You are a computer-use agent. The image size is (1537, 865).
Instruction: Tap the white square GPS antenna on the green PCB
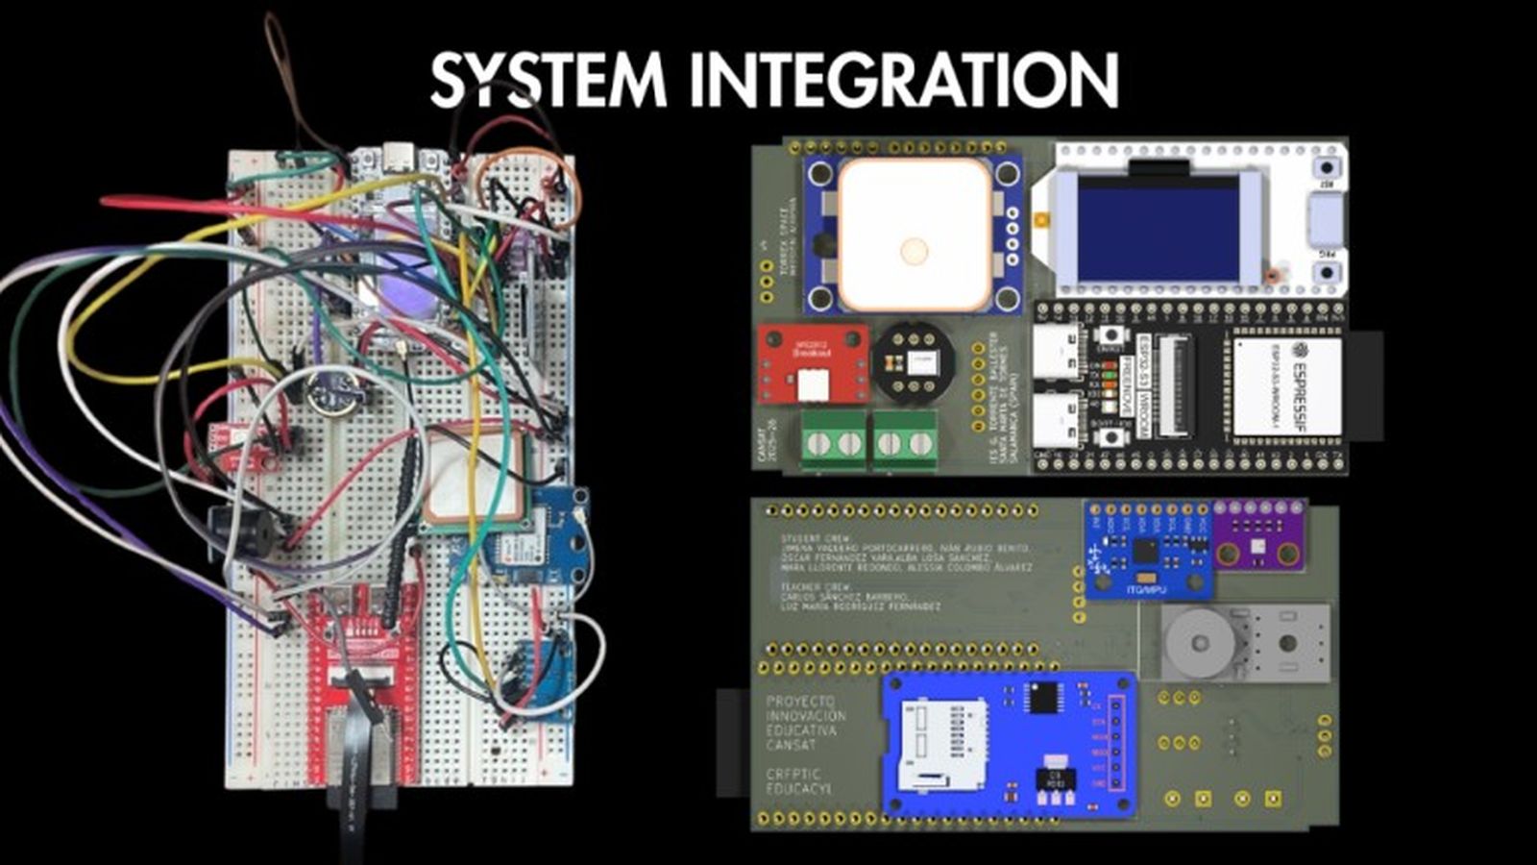pos(914,234)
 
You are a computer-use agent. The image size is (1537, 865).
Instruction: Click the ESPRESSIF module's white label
pos(1286,385)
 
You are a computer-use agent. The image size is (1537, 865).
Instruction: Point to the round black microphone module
pos(913,361)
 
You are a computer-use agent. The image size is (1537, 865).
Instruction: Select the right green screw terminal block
pos(905,443)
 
